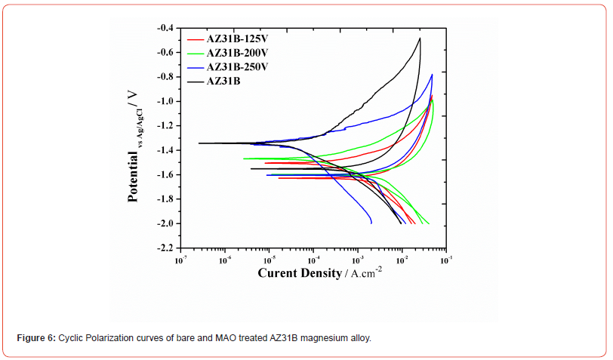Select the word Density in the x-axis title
pos(321,272)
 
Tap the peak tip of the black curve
pos(419,38)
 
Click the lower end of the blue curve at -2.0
pos(371,223)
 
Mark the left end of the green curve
pos(243,158)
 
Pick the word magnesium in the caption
pos(328,337)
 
